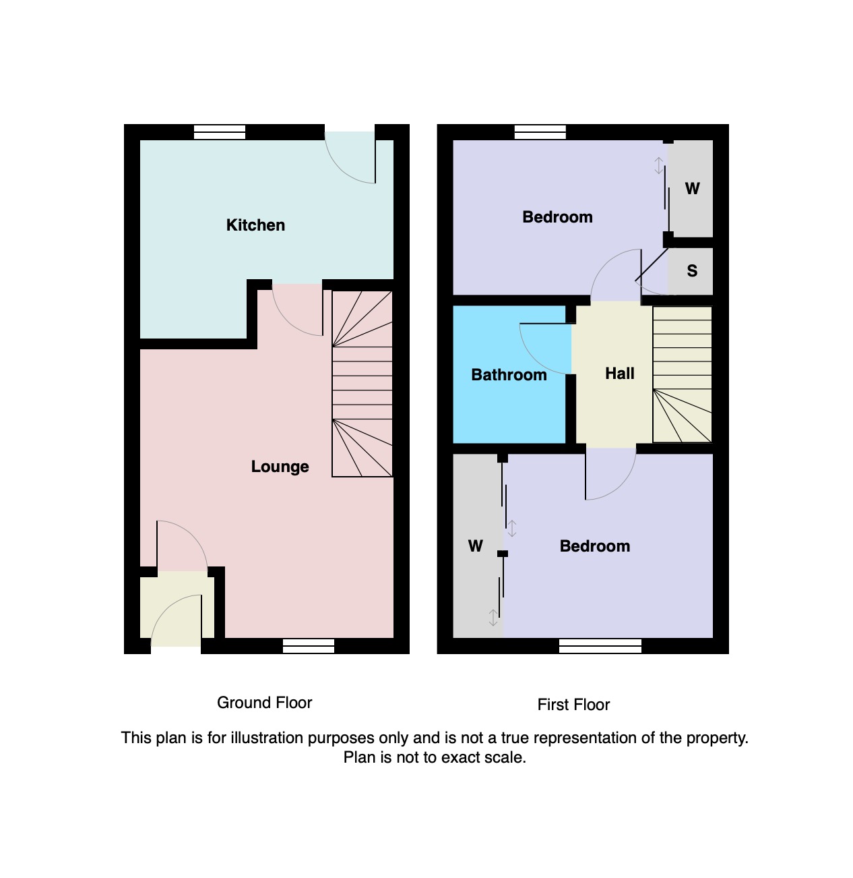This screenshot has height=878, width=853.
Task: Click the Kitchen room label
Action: coord(255,225)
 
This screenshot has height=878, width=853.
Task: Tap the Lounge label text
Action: coord(280,467)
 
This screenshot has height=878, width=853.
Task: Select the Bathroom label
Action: coord(509,375)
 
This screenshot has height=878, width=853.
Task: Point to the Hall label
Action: coord(619,374)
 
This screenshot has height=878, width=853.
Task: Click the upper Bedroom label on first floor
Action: coord(557,217)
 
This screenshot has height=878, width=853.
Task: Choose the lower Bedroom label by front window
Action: coord(594,546)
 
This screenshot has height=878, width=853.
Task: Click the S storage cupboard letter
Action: coord(692,271)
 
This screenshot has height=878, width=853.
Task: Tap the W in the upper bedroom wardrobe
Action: coord(692,189)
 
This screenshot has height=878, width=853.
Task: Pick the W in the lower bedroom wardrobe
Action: coord(475,546)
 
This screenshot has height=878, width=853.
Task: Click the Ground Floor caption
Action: coord(264,703)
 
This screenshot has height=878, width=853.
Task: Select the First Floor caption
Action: coord(573,705)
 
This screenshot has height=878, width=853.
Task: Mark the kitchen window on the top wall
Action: coord(220,132)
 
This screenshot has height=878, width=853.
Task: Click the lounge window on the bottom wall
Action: coord(309,646)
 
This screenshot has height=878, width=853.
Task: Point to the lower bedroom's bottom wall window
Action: coord(600,646)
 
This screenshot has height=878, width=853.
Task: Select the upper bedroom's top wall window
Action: coord(540,132)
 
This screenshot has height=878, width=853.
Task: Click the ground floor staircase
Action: coord(362,384)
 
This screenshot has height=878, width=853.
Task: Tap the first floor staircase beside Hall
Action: coord(682,375)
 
